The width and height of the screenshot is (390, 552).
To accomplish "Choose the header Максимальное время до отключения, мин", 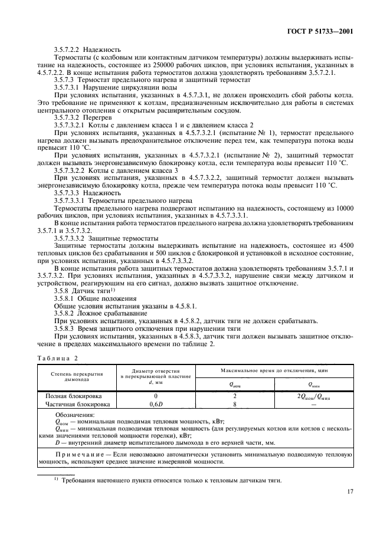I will click(x=274, y=370).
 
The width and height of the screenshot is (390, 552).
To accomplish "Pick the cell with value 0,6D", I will click(x=156, y=405).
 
